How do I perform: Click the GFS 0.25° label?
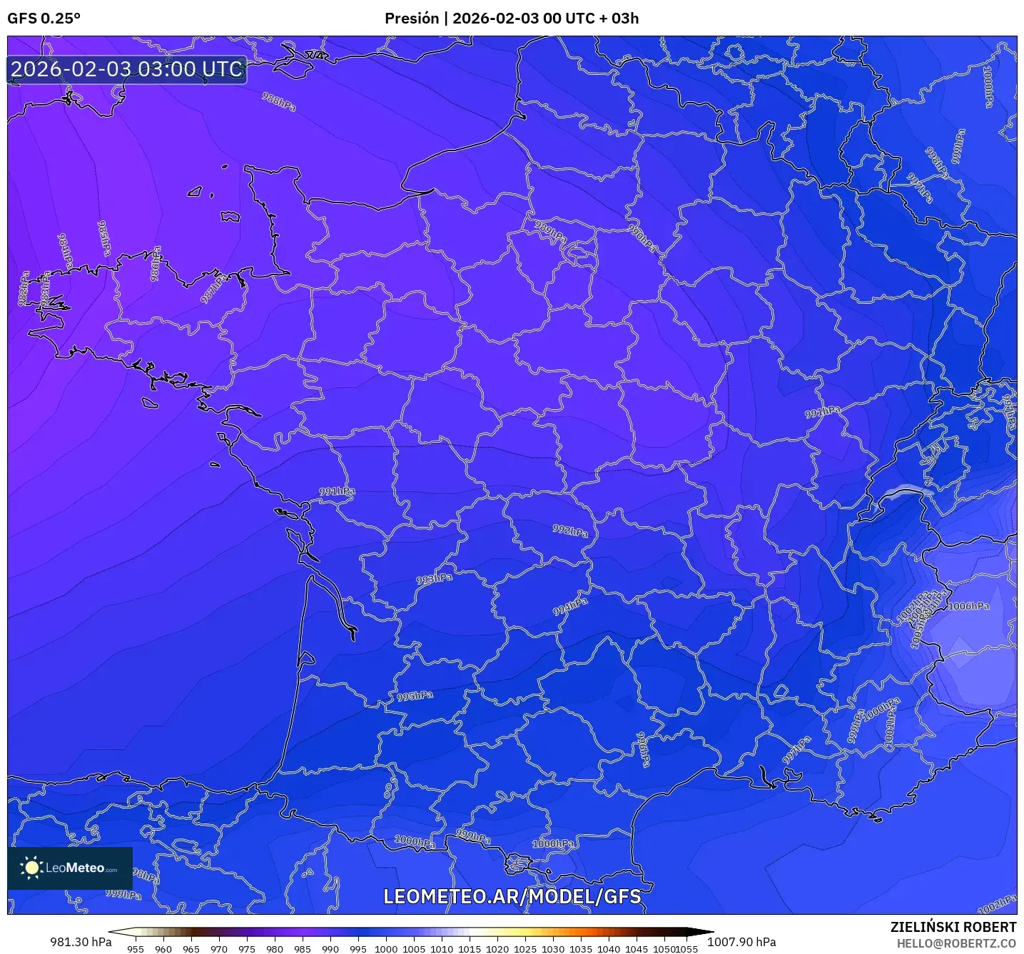click(44, 19)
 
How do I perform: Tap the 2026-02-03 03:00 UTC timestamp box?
click(127, 70)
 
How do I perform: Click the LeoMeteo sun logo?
click(31, 868)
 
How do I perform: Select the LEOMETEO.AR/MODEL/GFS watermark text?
click(512, 896)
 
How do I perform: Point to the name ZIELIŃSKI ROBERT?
click(953, 927)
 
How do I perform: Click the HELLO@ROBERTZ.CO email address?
click(956, 943)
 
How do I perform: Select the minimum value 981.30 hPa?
click(81, 942)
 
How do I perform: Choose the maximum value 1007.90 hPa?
click(741, 942)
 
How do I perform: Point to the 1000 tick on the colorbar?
click(386, 948)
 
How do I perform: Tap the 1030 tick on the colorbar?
click(553, 948)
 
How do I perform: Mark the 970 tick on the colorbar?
click(219, 948)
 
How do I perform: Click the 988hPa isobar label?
click(278, 102)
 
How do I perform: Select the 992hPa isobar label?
click(570, 530)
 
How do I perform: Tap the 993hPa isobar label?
click(434, 579)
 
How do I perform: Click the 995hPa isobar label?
click(415, 696)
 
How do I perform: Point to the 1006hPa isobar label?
click(968, 606)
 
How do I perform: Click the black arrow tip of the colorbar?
click(702, 931)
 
